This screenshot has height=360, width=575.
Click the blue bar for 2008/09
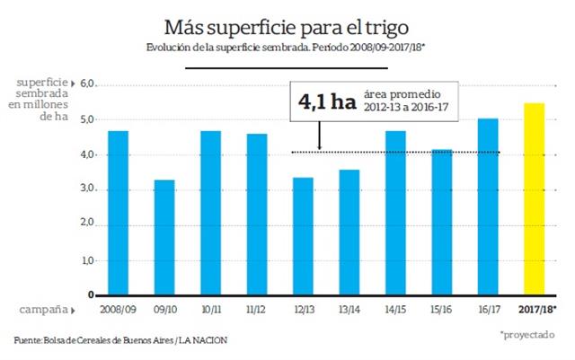click(x=119, y=213)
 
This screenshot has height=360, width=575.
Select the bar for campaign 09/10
click(x=164, y=237)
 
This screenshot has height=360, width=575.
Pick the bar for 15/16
click(x=442, y=222)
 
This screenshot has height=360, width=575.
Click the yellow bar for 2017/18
click(x=534, y=198)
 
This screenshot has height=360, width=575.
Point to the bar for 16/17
click(x=488, y=206)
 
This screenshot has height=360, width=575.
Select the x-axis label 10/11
click(x=211, y=310)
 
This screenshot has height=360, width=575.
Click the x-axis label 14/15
click(x=395, y=310)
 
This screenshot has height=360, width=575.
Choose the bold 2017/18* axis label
click(x=537, y=310)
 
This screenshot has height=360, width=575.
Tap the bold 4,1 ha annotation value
click(x=328, y=103)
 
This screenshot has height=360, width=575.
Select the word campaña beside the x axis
click(x=40, y=309)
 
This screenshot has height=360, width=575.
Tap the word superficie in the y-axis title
click(x=41, y=83)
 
